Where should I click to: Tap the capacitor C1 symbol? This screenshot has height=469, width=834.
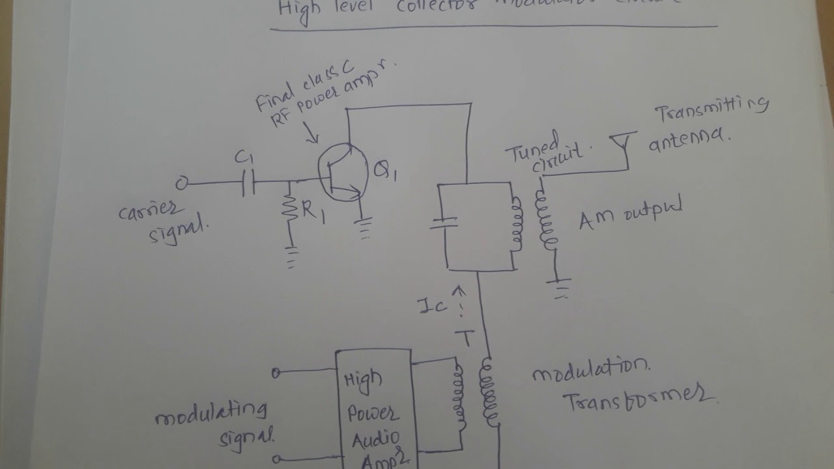point(248,184)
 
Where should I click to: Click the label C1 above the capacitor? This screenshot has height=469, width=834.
point(244,158)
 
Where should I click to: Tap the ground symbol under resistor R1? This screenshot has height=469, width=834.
point(291,257)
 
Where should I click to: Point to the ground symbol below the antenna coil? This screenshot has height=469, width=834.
point(560,287)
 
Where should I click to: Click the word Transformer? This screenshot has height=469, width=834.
point(641,399)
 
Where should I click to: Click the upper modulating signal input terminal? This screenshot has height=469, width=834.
point(276,373)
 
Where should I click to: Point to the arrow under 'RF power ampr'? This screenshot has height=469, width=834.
point(312,136)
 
